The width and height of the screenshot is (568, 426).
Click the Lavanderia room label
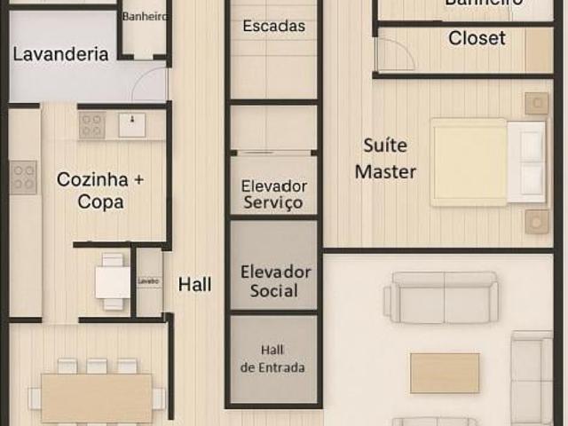point(60,54)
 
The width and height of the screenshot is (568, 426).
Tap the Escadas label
point(273,27)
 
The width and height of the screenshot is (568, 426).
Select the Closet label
point(477,38)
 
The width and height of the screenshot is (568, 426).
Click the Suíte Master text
point(385,158)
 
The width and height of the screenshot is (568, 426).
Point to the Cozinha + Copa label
point(100,191)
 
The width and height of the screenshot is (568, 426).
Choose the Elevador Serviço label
point(273,194)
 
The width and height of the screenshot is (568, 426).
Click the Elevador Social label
point(273,280)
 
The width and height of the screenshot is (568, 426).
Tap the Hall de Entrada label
point(273,358)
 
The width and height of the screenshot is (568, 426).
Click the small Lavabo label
point(149,281)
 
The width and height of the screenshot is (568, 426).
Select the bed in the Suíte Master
point(487,162)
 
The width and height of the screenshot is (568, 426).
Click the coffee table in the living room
point(445,373)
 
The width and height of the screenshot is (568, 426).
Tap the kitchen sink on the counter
point(132,124)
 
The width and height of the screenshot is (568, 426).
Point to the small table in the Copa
point(113,282)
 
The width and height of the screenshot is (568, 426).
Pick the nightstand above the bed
point(536,104)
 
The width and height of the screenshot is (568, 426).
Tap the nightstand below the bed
point(536,221)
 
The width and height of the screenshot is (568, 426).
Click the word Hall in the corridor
point(195,285)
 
